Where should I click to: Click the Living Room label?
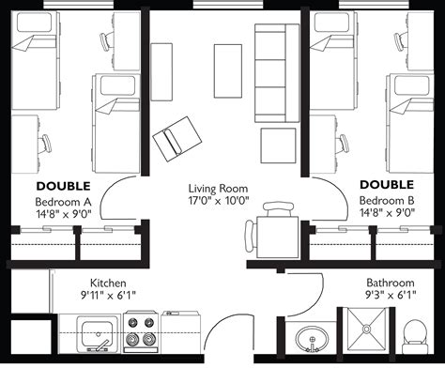click(x=218, y=189)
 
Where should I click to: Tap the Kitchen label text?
click(x=108, y=284)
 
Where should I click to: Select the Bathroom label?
click(x=391, y=283)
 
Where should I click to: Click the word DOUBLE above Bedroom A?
click(x=63, y=186)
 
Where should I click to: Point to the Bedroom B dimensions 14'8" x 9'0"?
click(x=388, y=213)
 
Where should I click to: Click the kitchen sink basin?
click(x=98, y=333)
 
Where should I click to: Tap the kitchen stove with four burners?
click(x=141, y=331)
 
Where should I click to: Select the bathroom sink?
click(x=312, y=339)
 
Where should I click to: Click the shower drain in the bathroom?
click(x=366, y=329)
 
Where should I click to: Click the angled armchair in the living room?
click(x=176, y=139)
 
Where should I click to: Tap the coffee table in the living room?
click(x=228, y=71)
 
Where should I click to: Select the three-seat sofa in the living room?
click(x=277, y=73)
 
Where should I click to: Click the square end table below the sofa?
click(x=278, y=146)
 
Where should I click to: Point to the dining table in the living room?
click(x=277, y=237)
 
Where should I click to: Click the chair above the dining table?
click(x=278, y=209)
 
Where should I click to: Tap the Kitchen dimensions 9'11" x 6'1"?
click(x=108, y=295)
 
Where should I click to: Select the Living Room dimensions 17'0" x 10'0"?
click(x=219, y=200)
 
